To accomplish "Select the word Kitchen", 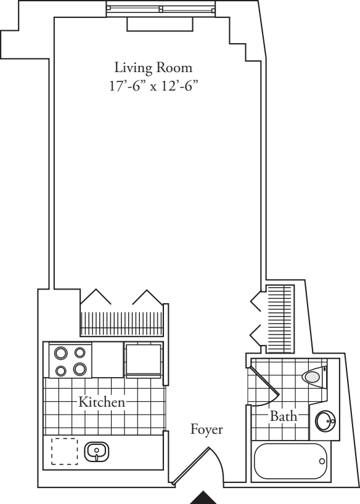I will [102, 402].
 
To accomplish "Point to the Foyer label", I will [206, 429].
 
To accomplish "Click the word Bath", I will [284, 417].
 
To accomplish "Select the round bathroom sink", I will [324, 422].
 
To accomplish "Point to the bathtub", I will [290, 461].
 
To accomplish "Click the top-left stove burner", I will [61, 354].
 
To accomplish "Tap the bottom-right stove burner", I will [79, 370].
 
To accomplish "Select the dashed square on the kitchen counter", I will [63, 450].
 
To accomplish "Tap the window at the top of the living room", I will [160, 9].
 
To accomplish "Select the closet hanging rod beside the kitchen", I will [123, 322].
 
